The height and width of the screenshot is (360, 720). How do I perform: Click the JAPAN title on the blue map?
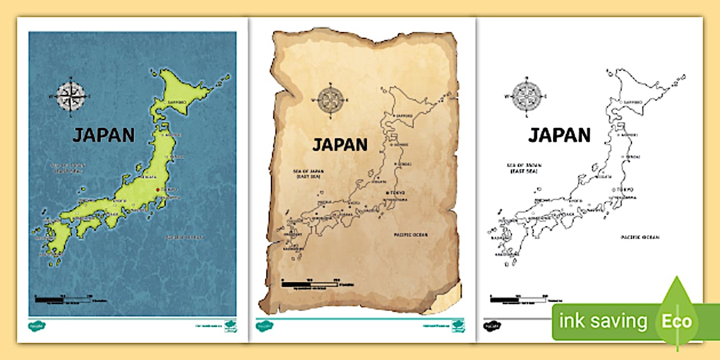click(x=103, y=135)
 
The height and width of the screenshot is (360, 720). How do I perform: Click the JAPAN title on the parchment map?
click(x=339, y=145)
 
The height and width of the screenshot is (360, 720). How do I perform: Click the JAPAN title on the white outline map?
click(x=559, y=135)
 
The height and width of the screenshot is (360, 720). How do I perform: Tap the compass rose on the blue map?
click(x=72, y=95)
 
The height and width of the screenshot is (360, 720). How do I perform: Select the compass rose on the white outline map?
click(x=527, y=95)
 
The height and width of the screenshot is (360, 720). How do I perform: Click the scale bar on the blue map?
click(x=63, y=298)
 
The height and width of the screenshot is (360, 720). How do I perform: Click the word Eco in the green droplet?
click(x=677, y=321)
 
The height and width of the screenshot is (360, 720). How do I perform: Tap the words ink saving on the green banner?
click(x=603, y=321)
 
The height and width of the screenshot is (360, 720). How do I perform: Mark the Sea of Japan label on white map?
click(x=524, y=167)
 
